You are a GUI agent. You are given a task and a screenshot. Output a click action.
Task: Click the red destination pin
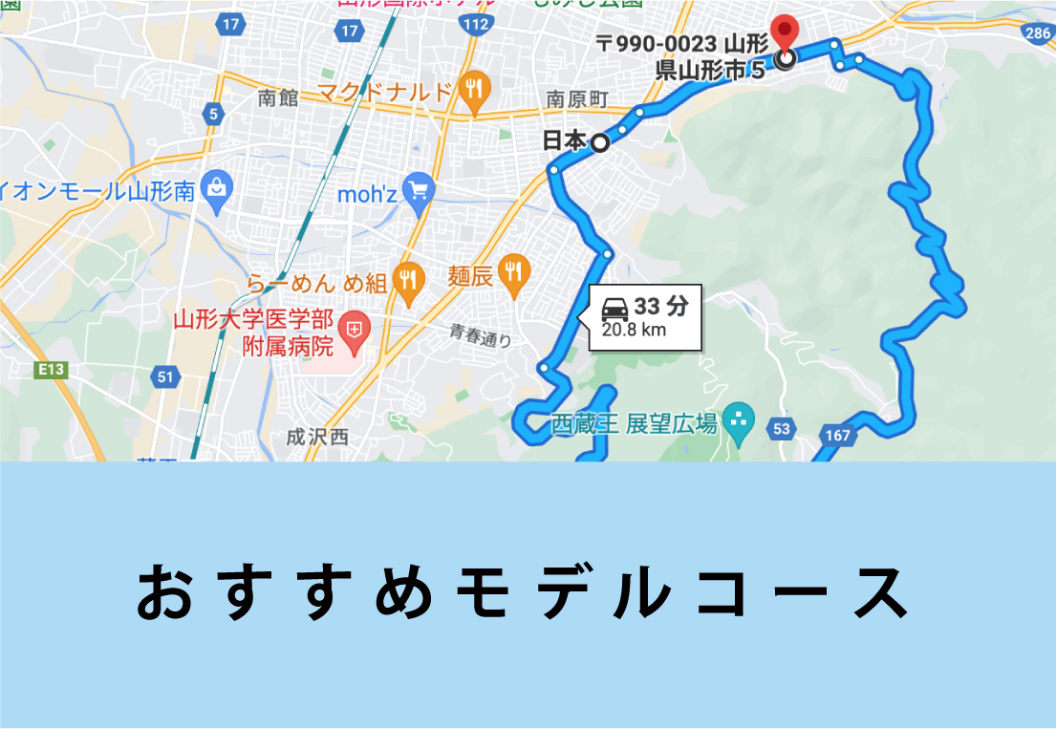point(784,32)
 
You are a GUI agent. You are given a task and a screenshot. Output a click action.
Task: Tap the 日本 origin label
point(563,141)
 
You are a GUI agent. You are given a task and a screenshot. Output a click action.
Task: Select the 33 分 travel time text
point(660,307)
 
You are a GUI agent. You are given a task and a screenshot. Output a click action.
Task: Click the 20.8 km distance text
point(634,331)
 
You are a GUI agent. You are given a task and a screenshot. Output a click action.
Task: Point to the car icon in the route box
point(614,308)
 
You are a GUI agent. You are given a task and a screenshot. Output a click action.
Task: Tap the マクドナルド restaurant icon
point(472,91)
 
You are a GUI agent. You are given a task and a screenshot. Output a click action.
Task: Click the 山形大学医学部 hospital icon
point(355,331)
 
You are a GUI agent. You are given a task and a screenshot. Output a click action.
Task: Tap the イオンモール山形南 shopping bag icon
point(217,186)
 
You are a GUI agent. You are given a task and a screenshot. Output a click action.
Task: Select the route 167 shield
point(838,436)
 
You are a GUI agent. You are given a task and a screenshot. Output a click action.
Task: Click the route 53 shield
point(782,429)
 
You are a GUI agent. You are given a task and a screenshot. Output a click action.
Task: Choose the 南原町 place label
point(577,99)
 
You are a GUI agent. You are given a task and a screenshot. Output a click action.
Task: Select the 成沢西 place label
point(317,437)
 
